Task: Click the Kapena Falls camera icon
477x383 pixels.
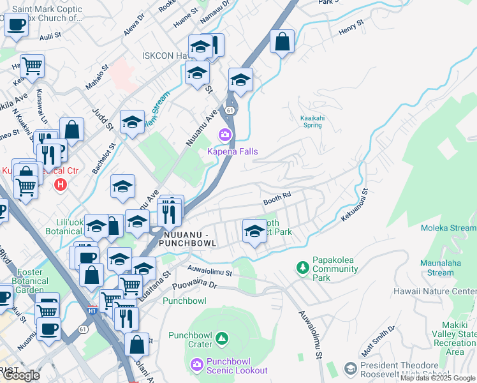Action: tap(224, 135)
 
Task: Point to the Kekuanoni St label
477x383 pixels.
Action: tap(355, 204)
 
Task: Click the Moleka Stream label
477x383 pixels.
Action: tap(448, 228)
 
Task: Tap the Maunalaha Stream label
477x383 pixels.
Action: tap(437, 267)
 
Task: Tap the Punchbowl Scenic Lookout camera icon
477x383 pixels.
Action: tap(197, 364)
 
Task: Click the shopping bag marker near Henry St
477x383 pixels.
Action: tap(282, 42)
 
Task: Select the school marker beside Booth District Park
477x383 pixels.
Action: tap(254, 231)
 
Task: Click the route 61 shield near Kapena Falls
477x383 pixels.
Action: tap(229, 110)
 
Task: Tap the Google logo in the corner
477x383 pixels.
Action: tap(21, 375)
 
